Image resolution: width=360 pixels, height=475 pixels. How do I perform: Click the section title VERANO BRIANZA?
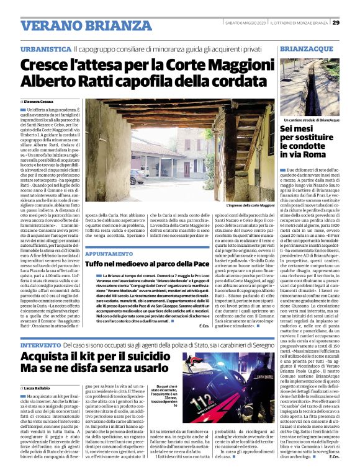point(78,25)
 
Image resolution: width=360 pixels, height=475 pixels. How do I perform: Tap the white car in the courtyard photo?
point(137,176)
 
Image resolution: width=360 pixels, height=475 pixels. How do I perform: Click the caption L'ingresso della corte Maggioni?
point(250,204)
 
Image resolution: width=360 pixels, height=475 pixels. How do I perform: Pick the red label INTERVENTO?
point(41,344)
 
